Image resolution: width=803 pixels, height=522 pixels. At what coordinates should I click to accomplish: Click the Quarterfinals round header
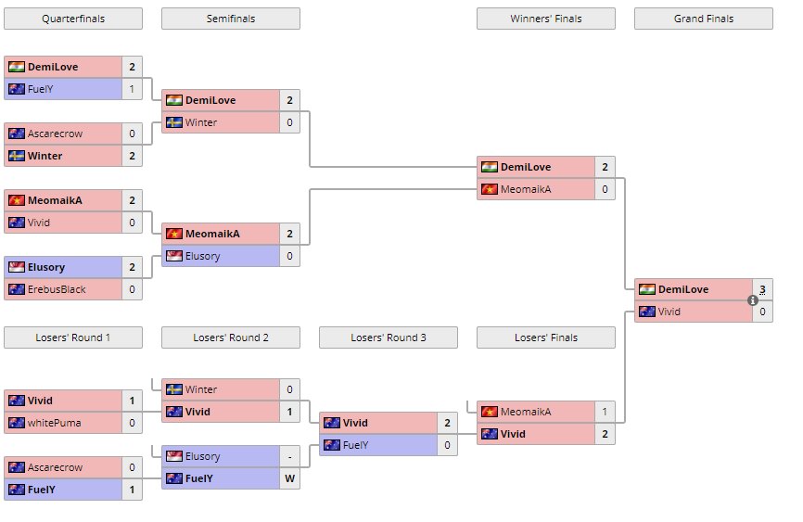[x=73, y=19]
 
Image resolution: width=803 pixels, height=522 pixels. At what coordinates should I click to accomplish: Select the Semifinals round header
[x=231, y=19]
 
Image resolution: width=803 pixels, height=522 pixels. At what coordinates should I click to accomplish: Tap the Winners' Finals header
[x=545, y=19]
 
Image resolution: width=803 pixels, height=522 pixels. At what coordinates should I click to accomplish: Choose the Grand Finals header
[x=703, y=19]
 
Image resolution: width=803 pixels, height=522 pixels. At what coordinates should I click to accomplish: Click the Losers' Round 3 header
[x=388, y=337]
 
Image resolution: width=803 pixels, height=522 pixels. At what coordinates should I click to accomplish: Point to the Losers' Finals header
[x=545, y=337]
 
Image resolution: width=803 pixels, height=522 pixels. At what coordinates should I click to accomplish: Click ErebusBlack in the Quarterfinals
[x=57, y=289]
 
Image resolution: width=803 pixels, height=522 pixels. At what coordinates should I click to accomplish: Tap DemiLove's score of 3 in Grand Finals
[x=762, y=289]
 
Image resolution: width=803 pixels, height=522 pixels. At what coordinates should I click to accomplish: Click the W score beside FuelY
[x=289, y=478]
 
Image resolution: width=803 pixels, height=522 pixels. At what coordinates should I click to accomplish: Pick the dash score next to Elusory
[x=289, y=456]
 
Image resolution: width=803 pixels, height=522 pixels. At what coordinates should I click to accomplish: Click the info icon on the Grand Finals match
[x=753, y=300]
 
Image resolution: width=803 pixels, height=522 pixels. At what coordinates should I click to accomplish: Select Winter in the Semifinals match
[x=201, y=122]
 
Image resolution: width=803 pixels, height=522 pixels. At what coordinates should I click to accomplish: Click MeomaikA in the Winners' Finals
[x=526, y=189]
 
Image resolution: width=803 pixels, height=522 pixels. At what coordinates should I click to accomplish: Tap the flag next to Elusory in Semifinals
[x=173, y=256]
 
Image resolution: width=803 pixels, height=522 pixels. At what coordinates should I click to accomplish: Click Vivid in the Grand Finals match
[x=669, y=312]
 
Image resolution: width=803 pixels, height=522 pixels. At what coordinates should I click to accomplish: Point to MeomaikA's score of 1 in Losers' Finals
[x=605, y=412]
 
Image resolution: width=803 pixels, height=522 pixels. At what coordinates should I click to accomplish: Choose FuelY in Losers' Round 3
[x=356, y=445]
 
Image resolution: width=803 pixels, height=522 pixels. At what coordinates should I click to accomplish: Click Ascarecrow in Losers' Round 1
[x=55, y=467]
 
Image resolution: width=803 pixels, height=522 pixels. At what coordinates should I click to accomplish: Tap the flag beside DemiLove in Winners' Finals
[x=489, y=167]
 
